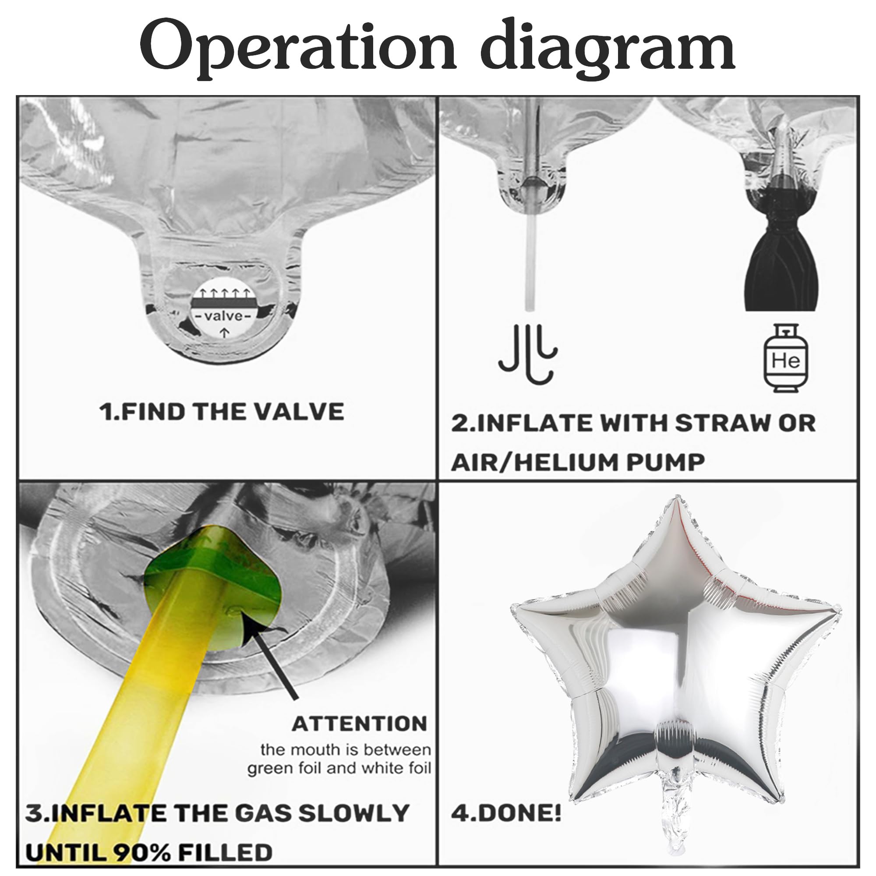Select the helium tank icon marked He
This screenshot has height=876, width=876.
[786, 359]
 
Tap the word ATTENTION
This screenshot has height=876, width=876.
[360, 724]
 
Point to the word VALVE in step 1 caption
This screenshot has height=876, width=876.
[298, 412]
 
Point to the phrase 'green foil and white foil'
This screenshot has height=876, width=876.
[339, 769]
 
